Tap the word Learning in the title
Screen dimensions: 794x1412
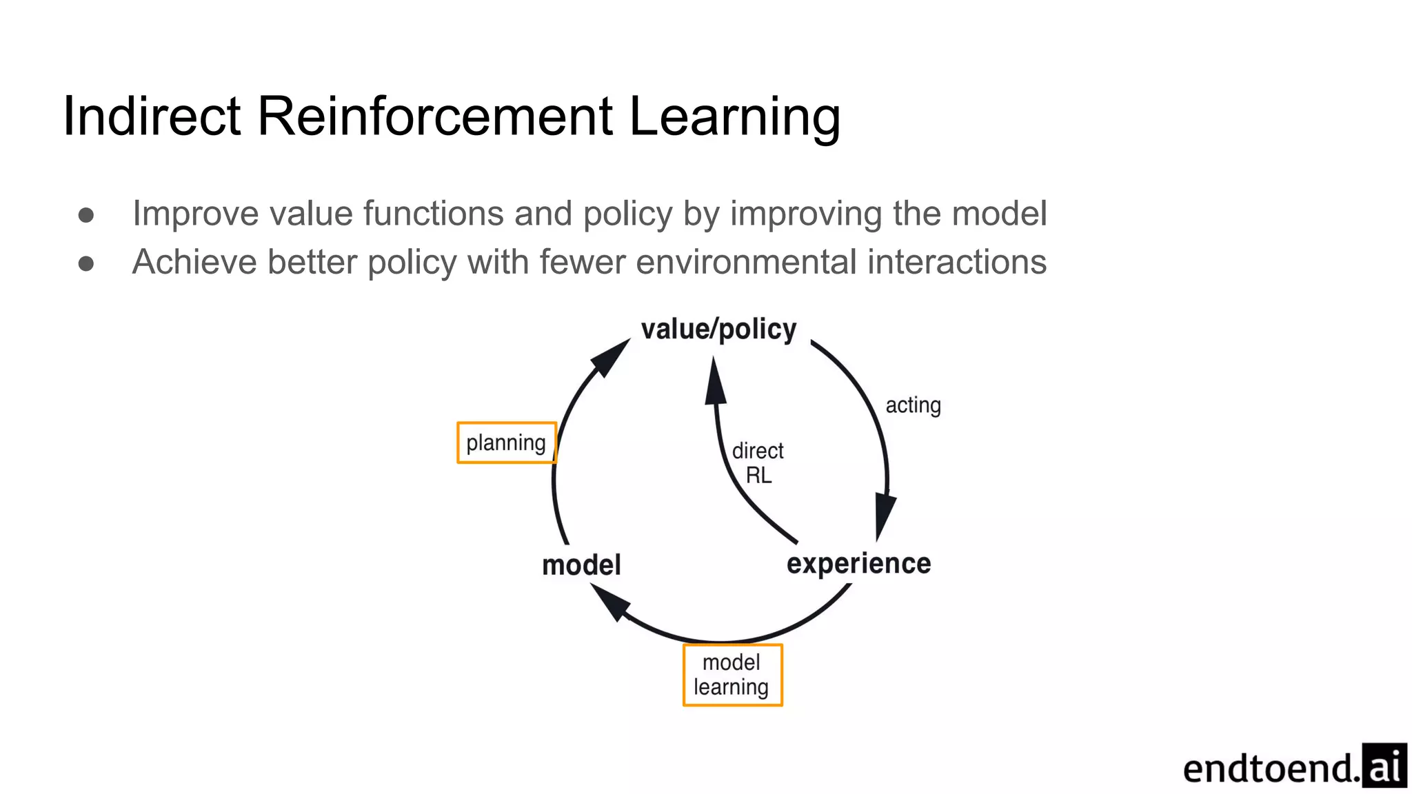(734, 117)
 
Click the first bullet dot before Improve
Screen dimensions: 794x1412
(86, 215)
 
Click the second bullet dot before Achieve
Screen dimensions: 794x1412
(86, 263)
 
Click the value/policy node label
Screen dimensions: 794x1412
(718, 329)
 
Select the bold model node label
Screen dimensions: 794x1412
(581, 565)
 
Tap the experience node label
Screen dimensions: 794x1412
(858, 564)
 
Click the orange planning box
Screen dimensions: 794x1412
(507, 442)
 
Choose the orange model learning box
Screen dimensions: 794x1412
(732, 675)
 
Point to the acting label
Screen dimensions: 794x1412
(913, 405)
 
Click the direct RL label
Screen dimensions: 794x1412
(758, 462)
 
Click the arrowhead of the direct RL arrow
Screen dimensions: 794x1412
(716, 383)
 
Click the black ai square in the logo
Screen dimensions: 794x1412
(1384, 766)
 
